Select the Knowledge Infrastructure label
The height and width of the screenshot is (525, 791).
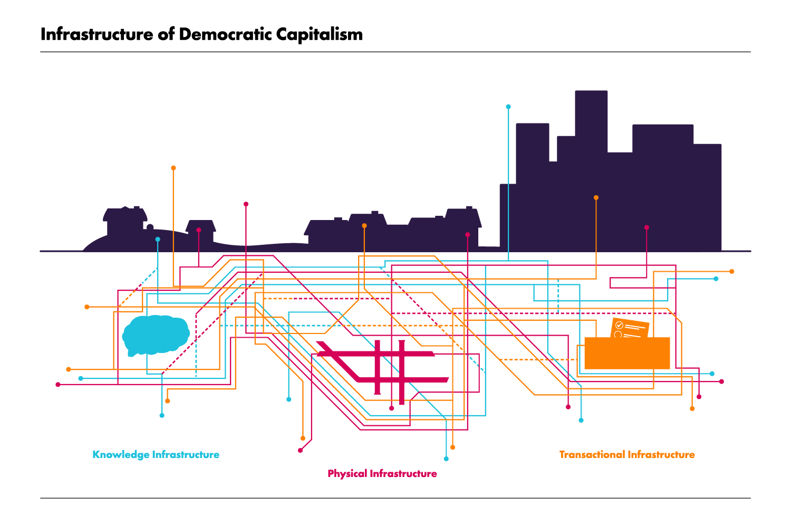pyautogui.click(x=156, y=455)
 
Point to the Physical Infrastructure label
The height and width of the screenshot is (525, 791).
pyautogui.click(x=382, y=474)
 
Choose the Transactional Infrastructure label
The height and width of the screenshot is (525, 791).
pyautogui.click(x=626, y=455)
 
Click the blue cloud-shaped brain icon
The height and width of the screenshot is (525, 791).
pyautogui.click(x=156, y=335)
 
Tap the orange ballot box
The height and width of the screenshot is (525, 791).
pyautogui.click(x=627, y=352)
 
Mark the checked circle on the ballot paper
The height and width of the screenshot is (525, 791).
pyautogui.click(x=620, y=326)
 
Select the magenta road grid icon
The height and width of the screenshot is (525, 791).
pyautogui.click(x=383, y=368)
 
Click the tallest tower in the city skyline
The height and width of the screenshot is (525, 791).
pyautogui.click(x=591, y=121)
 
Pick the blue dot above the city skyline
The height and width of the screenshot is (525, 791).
pyautogui.click(x=508, y=107)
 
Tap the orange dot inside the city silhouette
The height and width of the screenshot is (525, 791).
pyautogui.click(x=596, y=198)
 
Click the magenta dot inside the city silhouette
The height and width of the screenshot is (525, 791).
pyautogui.click(x=647, y=228)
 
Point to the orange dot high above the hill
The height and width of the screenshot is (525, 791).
pyautogui.click(x=173, y=168)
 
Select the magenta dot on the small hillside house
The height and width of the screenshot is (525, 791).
pyautogui.click(x=199, y=230)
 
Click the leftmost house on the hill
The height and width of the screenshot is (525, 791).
pyautogui.click(x=124, y=221)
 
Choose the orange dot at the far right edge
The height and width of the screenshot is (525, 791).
pyautogui.click(x=731, y=271)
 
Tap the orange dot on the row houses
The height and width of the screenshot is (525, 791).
pyautogui.click(x=364, y=226)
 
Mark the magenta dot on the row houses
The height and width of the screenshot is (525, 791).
pyautogui.click(x=467, y=235)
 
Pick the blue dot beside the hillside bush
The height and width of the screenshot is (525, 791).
pyautogui.click(x=158, y=240)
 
